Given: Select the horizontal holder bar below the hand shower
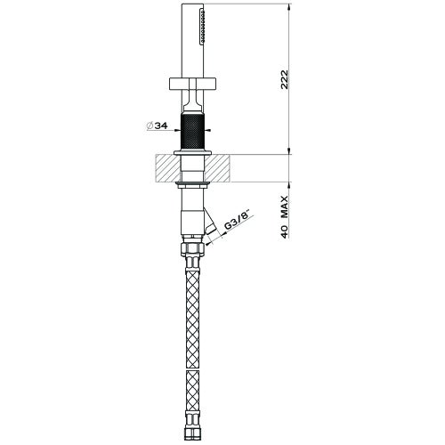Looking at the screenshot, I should point(192,86).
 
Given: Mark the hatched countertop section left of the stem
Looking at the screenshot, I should point(166,166).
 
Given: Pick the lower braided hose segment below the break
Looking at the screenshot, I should point(192,396).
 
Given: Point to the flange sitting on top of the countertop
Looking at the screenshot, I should point(192,154).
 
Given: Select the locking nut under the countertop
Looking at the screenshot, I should point(192,184).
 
